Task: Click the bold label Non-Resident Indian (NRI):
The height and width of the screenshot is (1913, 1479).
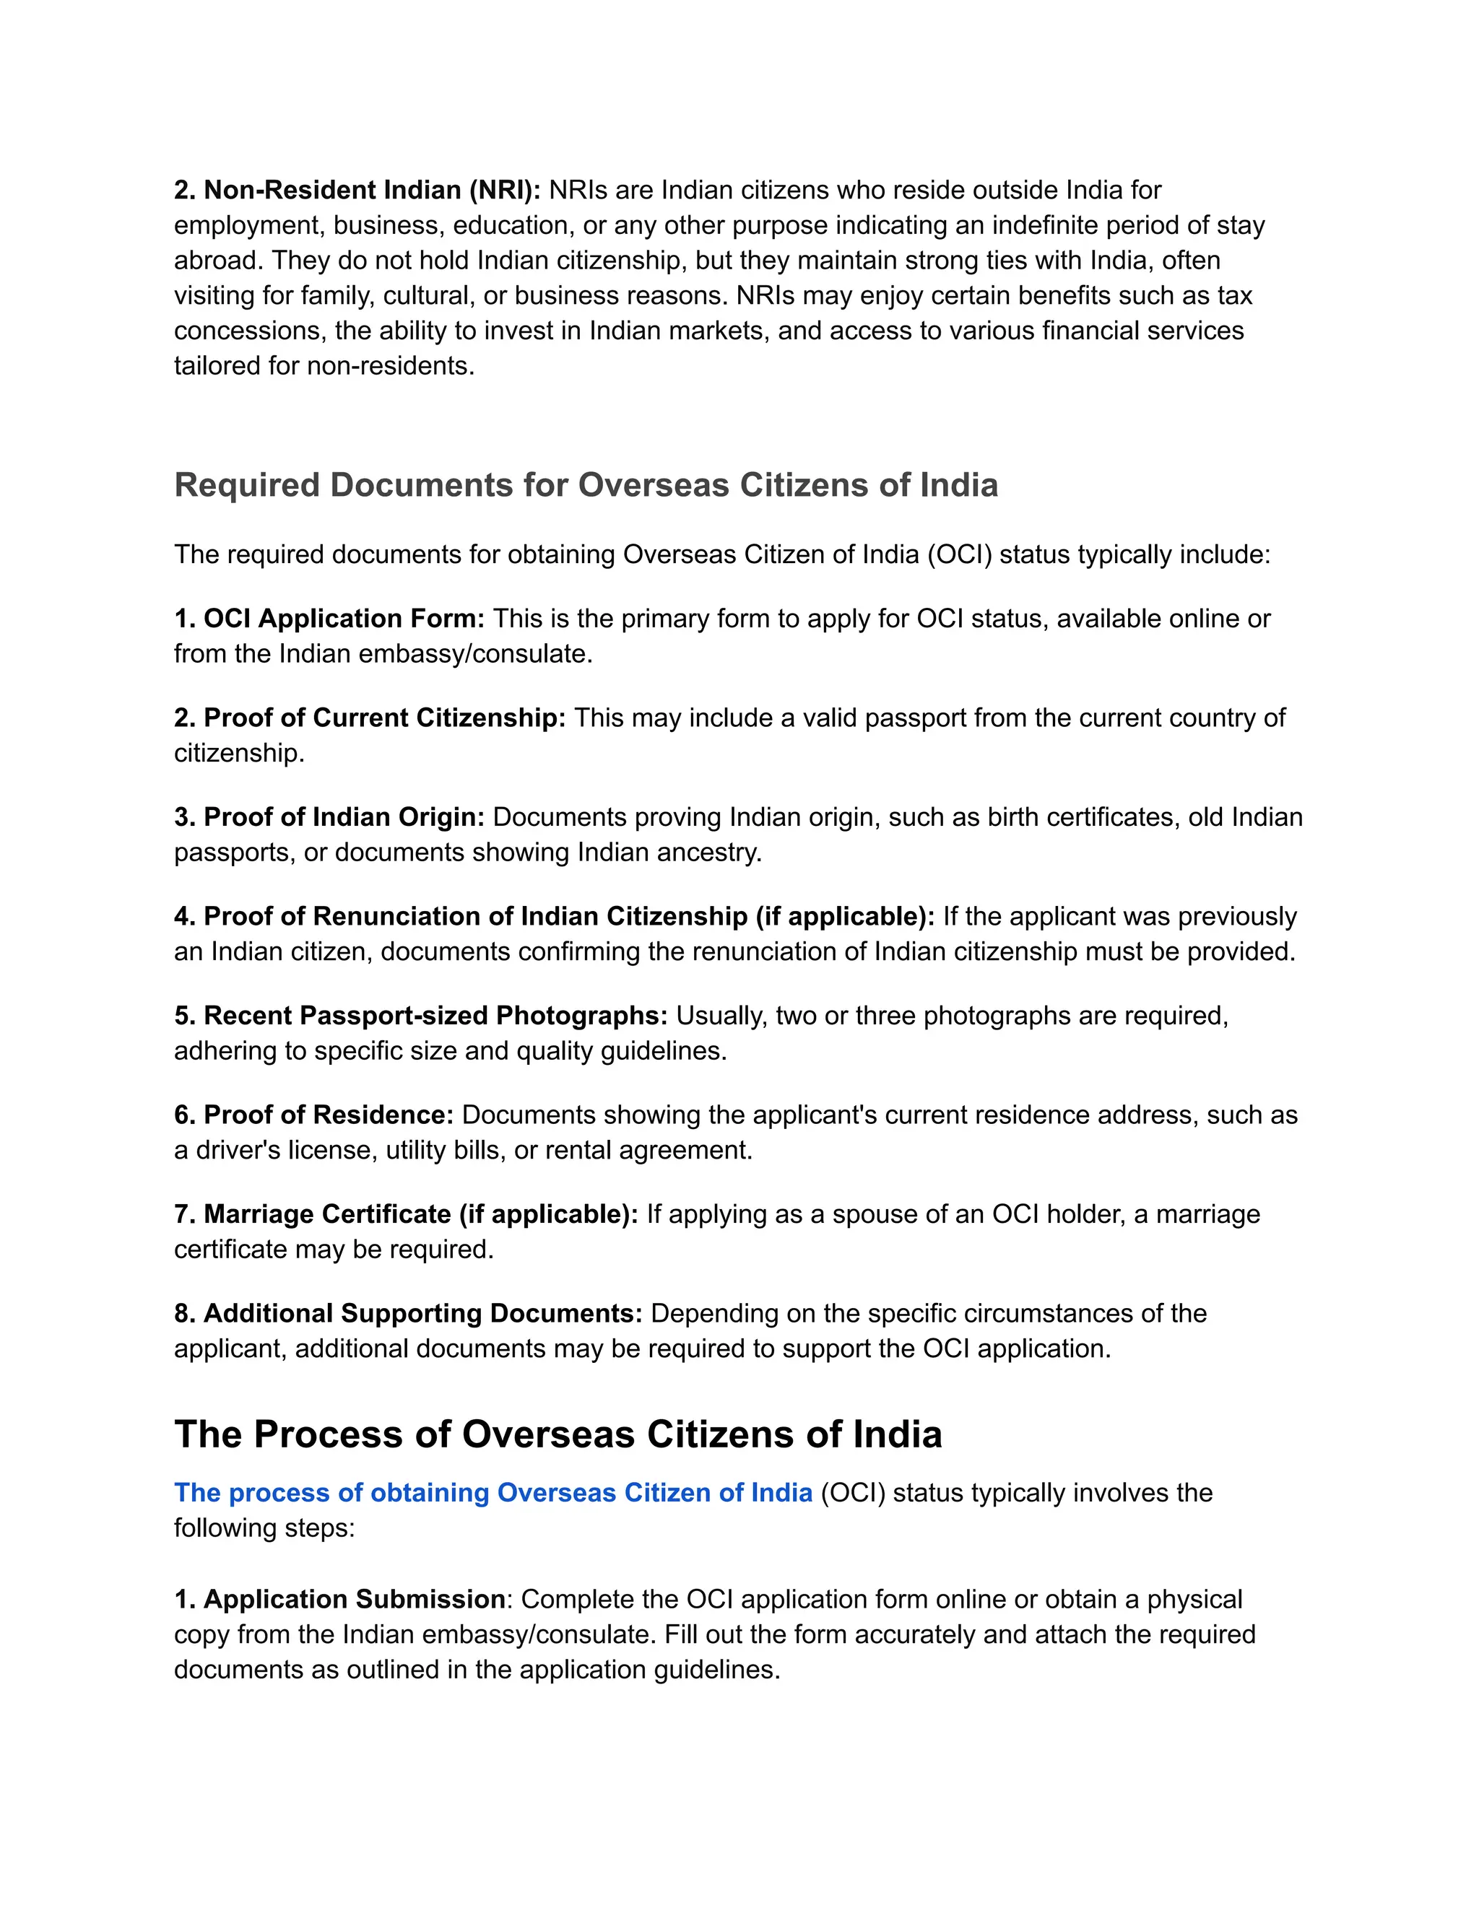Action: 357,190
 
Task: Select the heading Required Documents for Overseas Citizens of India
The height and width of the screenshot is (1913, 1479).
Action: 585,485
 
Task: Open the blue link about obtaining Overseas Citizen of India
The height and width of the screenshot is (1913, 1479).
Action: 493,1493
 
